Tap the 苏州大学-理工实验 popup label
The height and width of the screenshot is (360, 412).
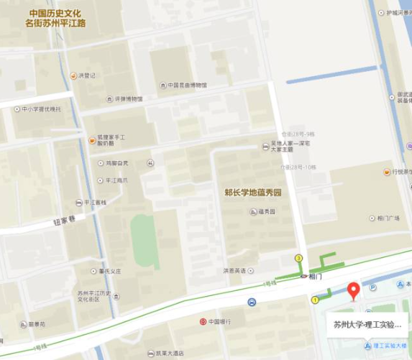[367, 324]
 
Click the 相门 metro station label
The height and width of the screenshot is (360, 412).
[315, 275]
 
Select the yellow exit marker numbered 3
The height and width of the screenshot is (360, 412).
[298, 258]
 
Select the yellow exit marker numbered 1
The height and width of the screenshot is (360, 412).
[314, 300]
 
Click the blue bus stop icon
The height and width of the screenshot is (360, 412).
[251, 303]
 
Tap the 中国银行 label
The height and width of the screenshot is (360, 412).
[218, 321]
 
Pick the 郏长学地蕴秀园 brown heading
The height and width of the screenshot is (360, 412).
[252, 193]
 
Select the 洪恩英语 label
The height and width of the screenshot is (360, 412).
[234, 270]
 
